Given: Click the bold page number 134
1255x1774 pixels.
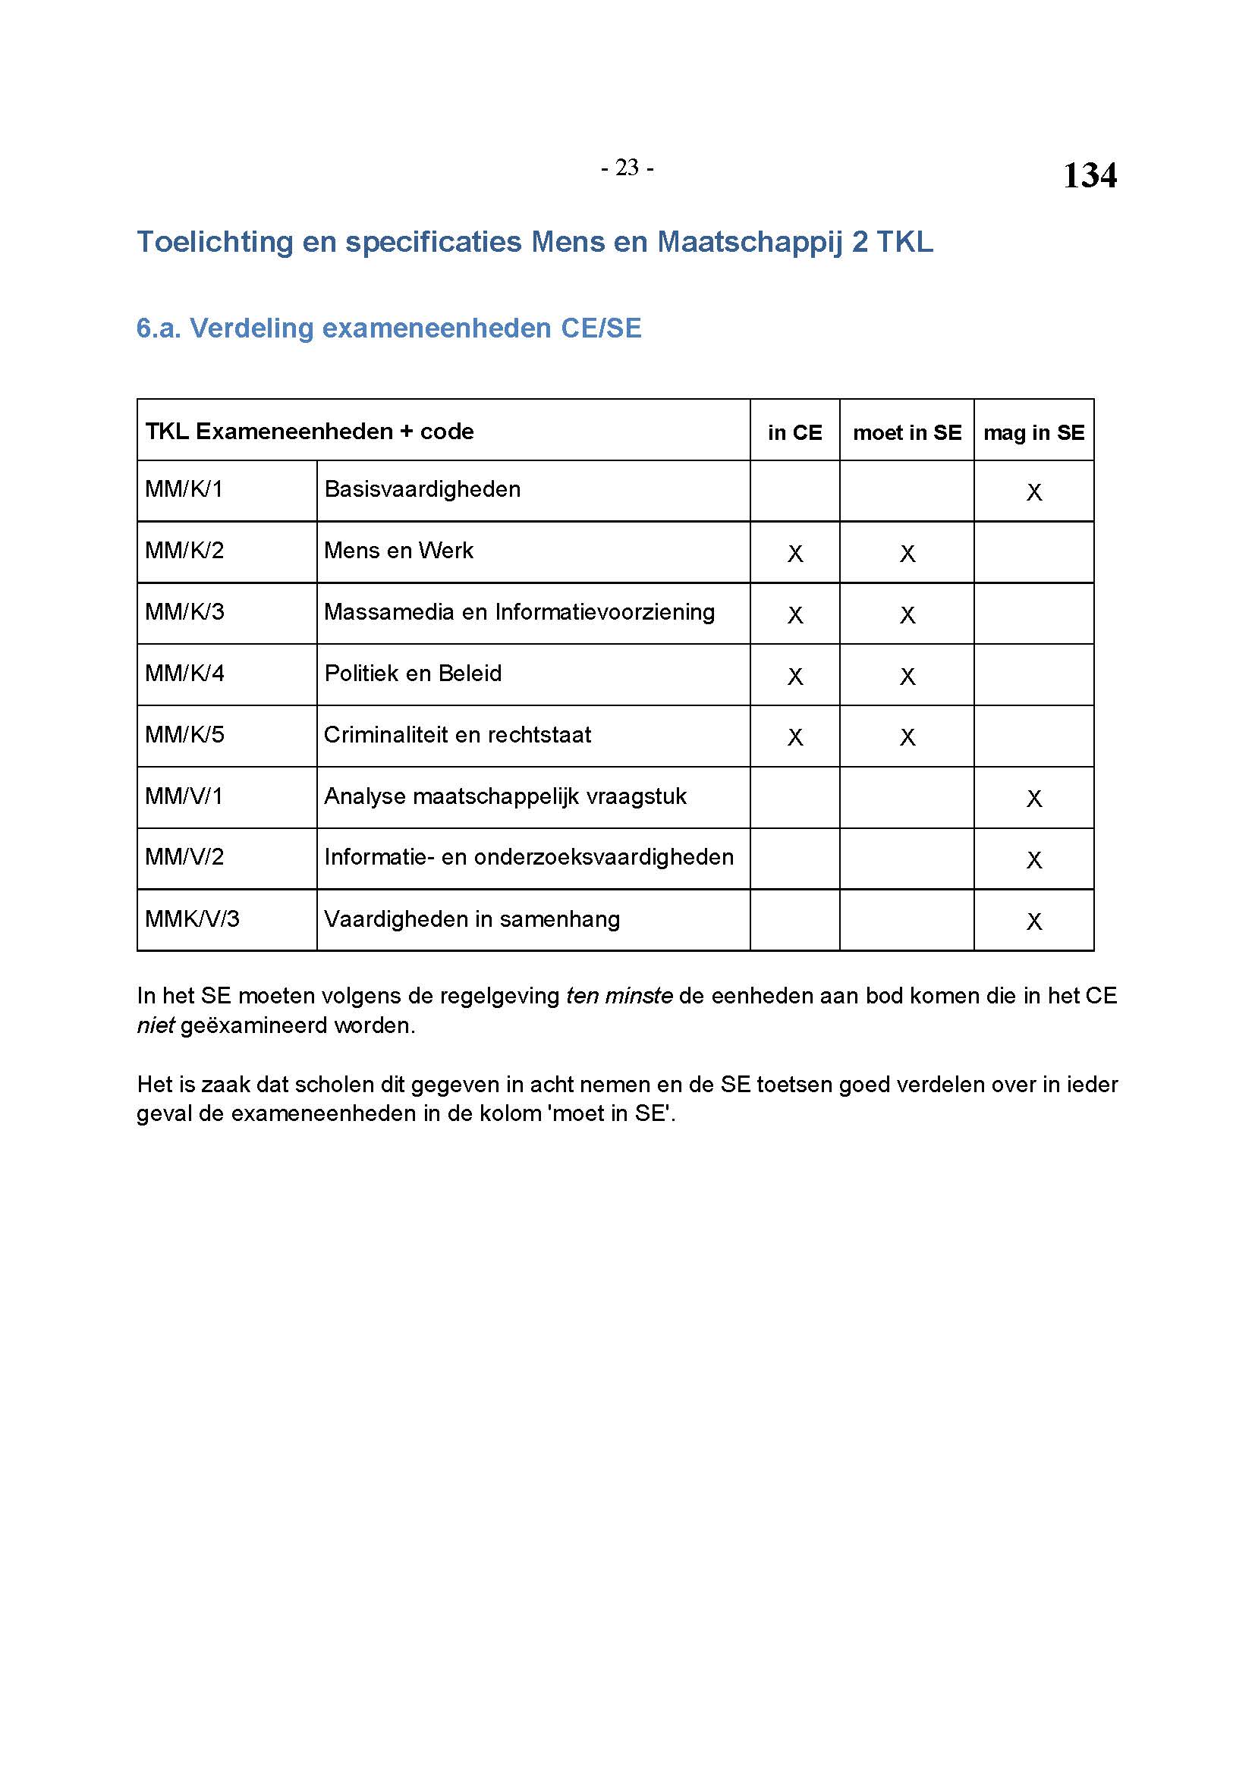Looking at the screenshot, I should point(1089,175).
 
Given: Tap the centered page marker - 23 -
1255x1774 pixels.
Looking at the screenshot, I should point(627,168).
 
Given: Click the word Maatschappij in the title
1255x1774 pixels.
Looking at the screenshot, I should point(749,242).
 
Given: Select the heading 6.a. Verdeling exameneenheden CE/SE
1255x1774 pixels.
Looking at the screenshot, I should point(388,328).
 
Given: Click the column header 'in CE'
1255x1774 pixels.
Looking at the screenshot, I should point(794,432).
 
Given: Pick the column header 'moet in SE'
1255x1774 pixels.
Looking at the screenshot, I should point(907,432).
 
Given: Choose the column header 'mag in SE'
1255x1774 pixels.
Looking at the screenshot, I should point(1033,432).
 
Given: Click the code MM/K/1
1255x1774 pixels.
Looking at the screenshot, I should point(184,489).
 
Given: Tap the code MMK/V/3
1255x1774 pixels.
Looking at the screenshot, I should point(193,919).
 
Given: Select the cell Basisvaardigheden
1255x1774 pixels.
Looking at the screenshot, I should point(422,489).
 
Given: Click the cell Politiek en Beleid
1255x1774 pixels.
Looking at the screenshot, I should point(413,673).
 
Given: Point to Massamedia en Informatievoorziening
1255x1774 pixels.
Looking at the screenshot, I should point(519,612).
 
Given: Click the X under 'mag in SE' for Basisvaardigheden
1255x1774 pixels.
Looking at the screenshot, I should point(1034,492).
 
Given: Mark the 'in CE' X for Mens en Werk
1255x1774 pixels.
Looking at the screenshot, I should point(794,554).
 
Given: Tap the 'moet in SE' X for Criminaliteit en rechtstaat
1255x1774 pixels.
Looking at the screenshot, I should point(907,738).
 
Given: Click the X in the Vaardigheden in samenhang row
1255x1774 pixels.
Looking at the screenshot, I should point(1034,922).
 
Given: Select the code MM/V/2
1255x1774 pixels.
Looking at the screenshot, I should point(184,858).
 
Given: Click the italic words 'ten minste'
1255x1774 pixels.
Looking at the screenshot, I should point(618,996).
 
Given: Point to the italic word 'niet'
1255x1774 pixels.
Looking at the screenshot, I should point(156,1026).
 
